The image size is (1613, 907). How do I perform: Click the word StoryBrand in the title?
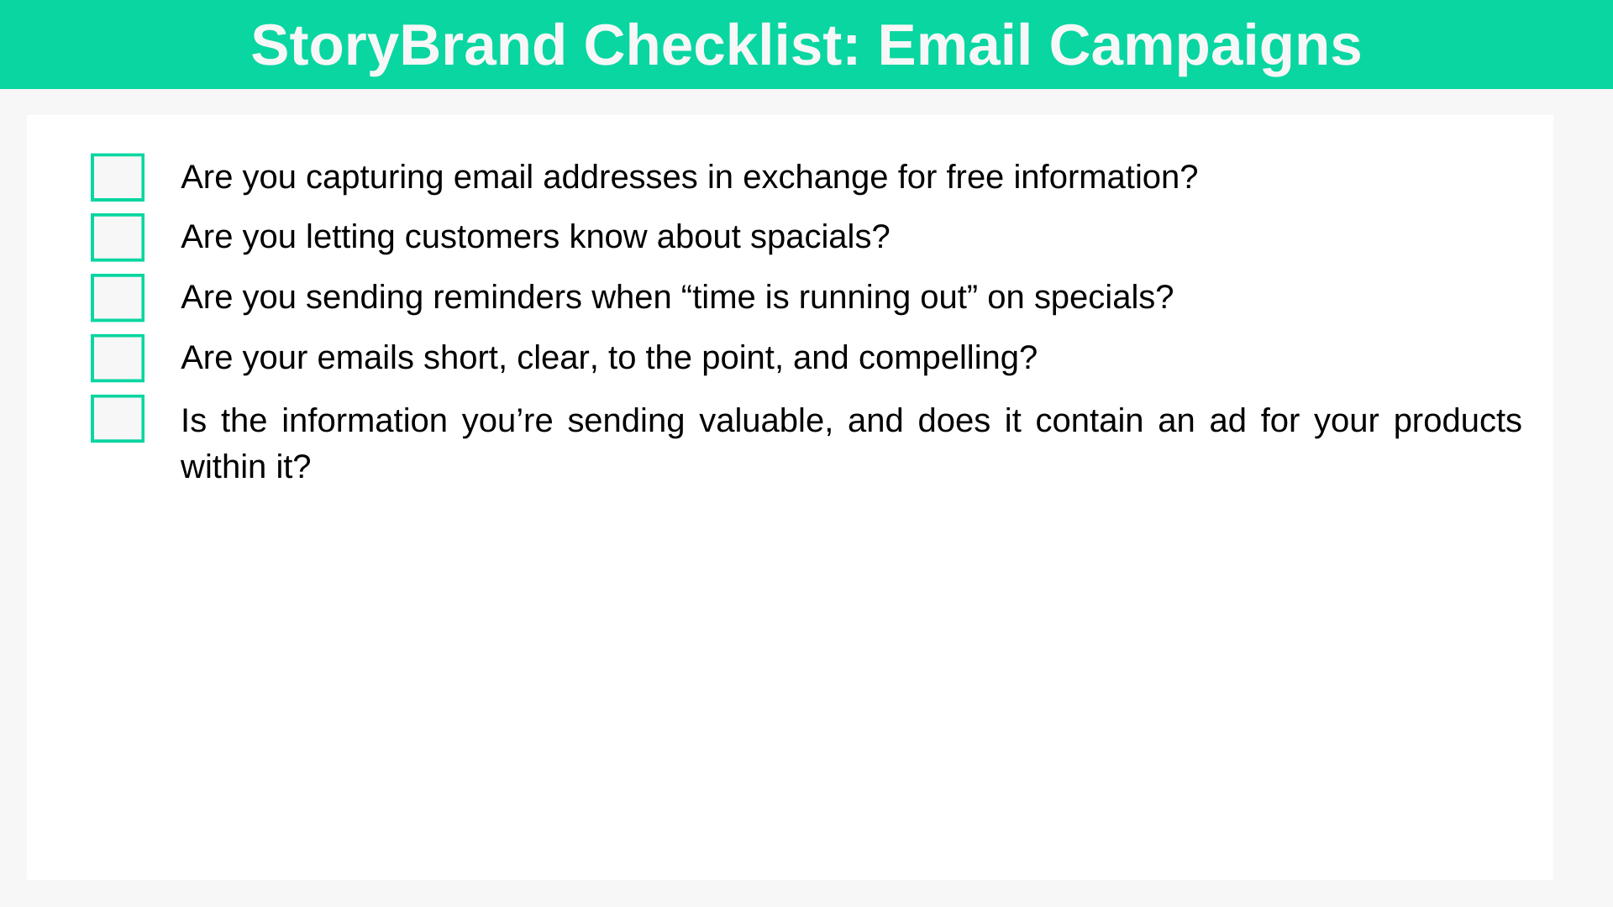[x=408, y=46]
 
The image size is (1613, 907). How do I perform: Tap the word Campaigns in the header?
[x=1205, y=46]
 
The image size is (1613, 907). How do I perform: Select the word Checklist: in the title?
[x=722, y=45]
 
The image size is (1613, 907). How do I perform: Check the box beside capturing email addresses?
[x=118, y=177]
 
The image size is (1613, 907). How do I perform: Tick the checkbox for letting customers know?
[x=118, y=238]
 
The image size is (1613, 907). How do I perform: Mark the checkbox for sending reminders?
[x=118, y=298]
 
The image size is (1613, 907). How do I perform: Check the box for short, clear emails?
[x=118, y=359]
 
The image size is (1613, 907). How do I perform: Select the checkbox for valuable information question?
[x=118, y=419]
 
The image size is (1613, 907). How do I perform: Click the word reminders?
[x=507, y=297]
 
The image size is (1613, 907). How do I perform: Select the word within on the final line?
[x=223, y=467]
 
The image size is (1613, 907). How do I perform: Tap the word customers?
[x=482, y=238]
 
